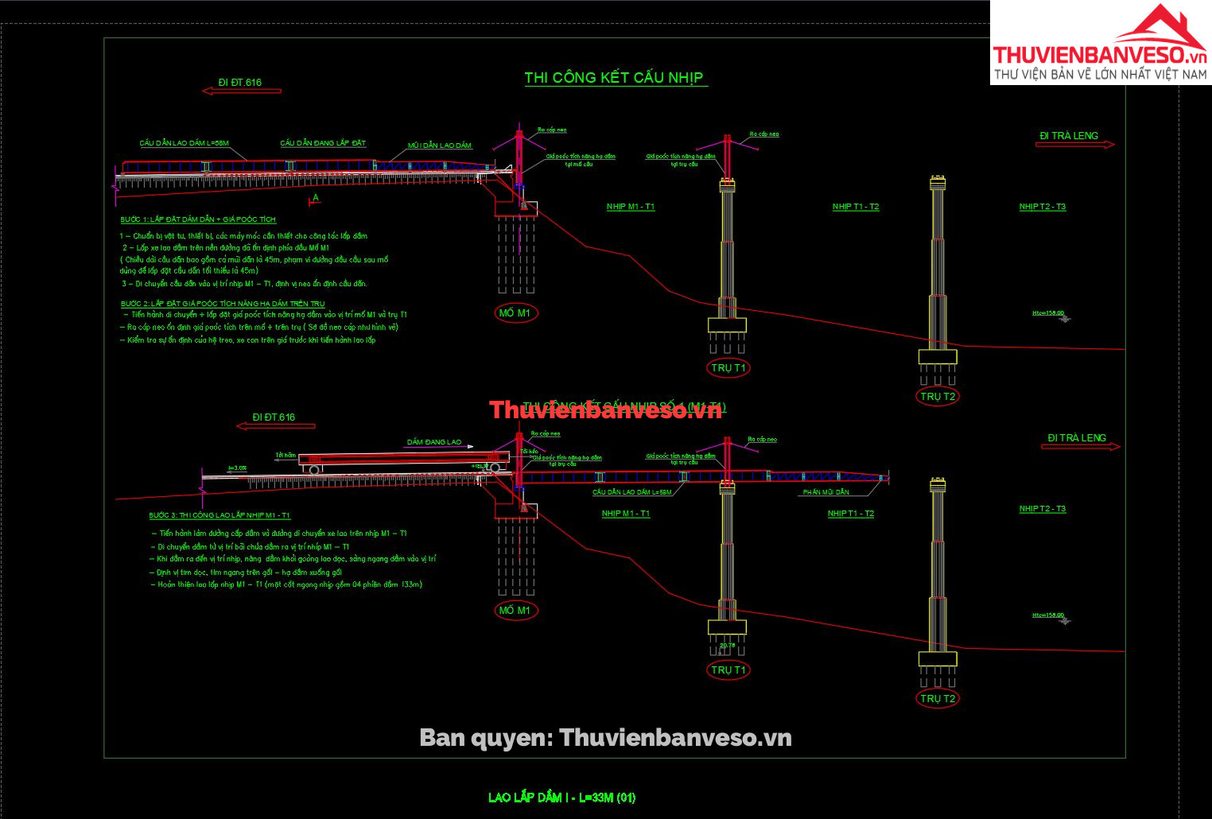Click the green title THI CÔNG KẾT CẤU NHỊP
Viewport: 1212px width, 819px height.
pyautogui.click(x=614, y=78)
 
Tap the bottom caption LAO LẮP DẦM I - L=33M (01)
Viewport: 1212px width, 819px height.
pyautogui.click(x=561, y=797)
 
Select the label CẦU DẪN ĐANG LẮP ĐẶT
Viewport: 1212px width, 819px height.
pyautogui.click(x=323, y=143)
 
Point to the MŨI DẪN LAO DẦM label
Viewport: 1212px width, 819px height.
pyautogui.click(x=440, y=146)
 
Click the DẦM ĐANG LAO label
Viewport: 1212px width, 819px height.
pyautogui.click(x=434, y=442)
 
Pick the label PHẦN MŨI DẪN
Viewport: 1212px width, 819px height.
pyautogui.click(x=825, y=492)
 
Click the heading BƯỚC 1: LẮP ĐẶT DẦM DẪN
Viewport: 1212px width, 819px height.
pyautogui.click(x=198, y=219)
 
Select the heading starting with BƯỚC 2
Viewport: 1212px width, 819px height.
pyautogui.click(x=223, y=304)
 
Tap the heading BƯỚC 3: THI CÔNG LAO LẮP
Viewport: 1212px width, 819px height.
pyautogui.click(x=219, y=516)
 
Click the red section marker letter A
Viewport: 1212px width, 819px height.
pyautogui.click(x=316, y=198)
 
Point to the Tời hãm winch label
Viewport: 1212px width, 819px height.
pyautogui.click(x=286, y=456)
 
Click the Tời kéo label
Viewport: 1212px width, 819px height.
pyautogui.click(x=529, y=451)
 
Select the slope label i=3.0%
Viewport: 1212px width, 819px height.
pyautogui.click(x=237, y=468)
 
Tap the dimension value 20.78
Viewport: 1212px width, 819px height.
pyautogui.click(x=727, y=645)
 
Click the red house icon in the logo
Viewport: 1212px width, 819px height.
pyautogui.click(x=1160, y=29)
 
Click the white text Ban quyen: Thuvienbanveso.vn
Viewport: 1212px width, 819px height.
pyautogui.click(x=605, y=738)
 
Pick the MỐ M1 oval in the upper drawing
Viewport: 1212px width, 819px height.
pyautogui.click(x=515, y=313)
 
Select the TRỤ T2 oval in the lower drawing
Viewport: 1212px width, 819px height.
pyautogui.click(x=938, y=699)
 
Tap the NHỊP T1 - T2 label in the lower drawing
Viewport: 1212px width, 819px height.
pyautogui.click(x=851, y=514)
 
